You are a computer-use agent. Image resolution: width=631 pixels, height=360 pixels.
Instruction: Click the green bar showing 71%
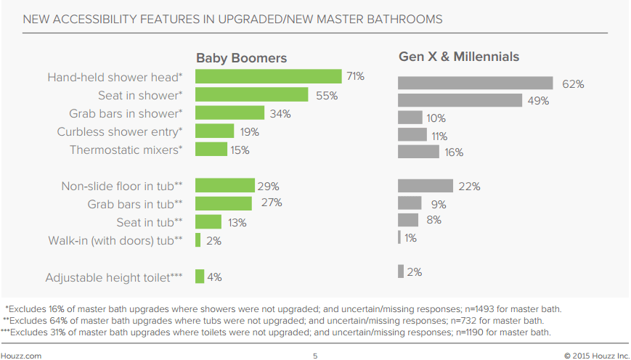pyautogui.click(x=268, y=76)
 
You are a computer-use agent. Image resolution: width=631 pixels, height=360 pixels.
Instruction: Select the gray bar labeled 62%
pyautogui.click(x=476, y=84)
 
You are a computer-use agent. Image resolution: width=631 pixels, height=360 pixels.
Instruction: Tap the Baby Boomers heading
pyautogui.click(x=241, y=58)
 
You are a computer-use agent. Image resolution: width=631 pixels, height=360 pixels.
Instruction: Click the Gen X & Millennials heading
pyautogui.click(x=459, y=57)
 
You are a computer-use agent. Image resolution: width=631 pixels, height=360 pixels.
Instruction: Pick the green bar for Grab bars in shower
pyautogui.click(x=229, y=113)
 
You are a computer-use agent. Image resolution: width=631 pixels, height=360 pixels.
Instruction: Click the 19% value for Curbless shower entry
pyautogui.click(x=250, y=132)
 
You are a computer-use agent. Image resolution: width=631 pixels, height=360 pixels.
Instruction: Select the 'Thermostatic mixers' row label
pyautogui.click(x=126, y=150)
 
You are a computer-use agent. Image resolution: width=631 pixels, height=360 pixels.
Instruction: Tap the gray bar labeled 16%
pyautogui.click(x=418, y=152)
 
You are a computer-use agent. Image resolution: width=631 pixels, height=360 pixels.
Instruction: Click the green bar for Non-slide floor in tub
pyautogui.click(x=225, y=186)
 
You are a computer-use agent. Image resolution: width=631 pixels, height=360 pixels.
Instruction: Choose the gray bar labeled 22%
pyautogui.click(x=426, y=187)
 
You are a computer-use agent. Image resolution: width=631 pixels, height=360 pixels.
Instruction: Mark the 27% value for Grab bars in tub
pyautogui.click(x=272, y=202)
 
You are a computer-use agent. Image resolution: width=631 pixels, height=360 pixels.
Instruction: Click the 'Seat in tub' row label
pyautogui.click(x=150, y=222)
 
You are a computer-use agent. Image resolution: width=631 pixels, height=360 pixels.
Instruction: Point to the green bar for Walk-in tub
pyautogui.click(x=198, y=240)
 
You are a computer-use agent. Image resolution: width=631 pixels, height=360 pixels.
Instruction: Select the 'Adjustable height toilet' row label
pyautogui.click(x=114, y=277)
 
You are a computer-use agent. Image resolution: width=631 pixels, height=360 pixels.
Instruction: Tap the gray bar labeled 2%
pyautogui.click(x=401, y=271)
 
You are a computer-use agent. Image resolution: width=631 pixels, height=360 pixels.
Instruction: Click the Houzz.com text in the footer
pyautogui.click(x=21, y=355)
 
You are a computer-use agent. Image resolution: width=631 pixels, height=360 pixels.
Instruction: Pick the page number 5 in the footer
pyautogui.click(x=315, y=355)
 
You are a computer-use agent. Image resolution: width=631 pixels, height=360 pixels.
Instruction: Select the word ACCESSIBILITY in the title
pyautogui.click(x=97, y=18)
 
